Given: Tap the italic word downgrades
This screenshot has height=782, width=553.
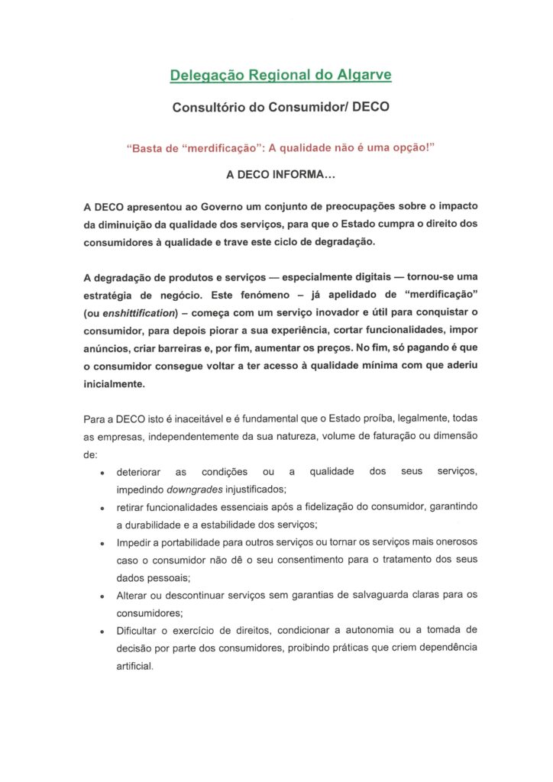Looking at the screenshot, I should click(x=193, y=490).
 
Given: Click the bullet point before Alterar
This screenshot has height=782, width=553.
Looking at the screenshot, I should click(x=102, y=596).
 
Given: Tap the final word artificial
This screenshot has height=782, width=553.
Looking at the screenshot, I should click(x=135, y=665).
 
